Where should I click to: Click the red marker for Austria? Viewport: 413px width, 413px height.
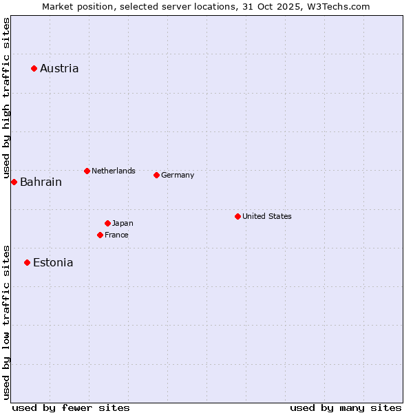[x=34, y=68]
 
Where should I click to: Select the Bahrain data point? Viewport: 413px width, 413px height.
[x=14, y=182]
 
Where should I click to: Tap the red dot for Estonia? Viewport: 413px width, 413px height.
[x=27, y=262]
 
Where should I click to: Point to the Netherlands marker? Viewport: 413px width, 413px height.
[x=87, y=171]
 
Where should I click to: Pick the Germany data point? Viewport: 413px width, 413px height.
[x=156, y=175]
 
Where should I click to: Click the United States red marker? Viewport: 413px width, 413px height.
[x=237, y=216]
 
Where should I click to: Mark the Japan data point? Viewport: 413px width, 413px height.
[x=107, y=223]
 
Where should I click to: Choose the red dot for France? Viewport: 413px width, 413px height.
[x=100, y=235]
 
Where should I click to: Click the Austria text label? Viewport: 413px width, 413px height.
[x=59, y=68]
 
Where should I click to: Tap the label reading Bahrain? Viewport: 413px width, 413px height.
[x=41, y=182]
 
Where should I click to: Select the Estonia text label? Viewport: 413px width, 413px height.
[x=53, y=262]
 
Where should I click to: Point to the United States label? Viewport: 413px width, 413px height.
[x=267, y=216]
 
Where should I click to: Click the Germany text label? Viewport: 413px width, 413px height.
[x=178, y=175]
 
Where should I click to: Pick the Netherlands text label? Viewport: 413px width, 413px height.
[x=114, y=171]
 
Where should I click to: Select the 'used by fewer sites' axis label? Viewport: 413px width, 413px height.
[x=71, y=408]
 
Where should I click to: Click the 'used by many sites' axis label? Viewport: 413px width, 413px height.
[x=346, y=408]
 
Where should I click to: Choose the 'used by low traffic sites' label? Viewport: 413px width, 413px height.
[x=6, y=321]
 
